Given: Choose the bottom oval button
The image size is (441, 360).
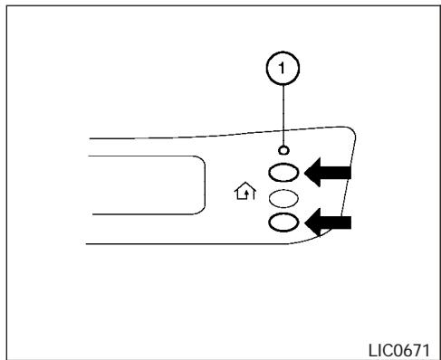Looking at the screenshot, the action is (x=283, y=223).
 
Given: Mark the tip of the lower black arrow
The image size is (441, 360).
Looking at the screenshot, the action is (x=309, y=223).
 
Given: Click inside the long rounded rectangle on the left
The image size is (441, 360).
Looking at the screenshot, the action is (x=145, y=184).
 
